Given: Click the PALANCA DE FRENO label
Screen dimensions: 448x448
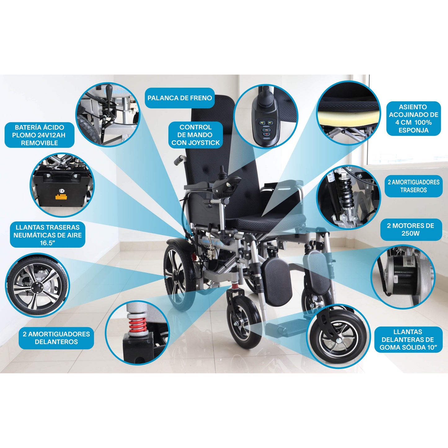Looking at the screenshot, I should (x=180, y=98).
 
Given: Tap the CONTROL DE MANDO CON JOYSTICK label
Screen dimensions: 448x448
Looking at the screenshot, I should (x=195, y=135).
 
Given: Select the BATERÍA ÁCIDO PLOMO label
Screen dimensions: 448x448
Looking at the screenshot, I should (x=39, y=135).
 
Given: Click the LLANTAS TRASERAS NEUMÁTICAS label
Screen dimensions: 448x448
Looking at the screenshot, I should (x=47, y=235).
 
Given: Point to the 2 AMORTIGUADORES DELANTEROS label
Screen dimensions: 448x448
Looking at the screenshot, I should (x=56, y=338).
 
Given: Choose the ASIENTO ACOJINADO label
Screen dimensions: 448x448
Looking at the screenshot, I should (x=413, y=118).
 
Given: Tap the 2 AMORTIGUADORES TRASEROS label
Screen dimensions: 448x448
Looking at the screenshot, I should (x=413, y=186).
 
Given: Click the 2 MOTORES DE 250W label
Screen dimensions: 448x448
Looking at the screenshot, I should (x=410, y=229).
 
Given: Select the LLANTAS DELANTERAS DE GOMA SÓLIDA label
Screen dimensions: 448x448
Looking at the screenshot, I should (x=410, y=339).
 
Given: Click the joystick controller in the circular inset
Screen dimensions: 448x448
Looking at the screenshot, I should (x=265, y=124).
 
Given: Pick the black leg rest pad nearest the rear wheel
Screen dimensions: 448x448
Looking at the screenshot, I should (x=277, y=281).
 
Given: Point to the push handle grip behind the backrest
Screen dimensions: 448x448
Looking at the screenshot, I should (x=179, y=160).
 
